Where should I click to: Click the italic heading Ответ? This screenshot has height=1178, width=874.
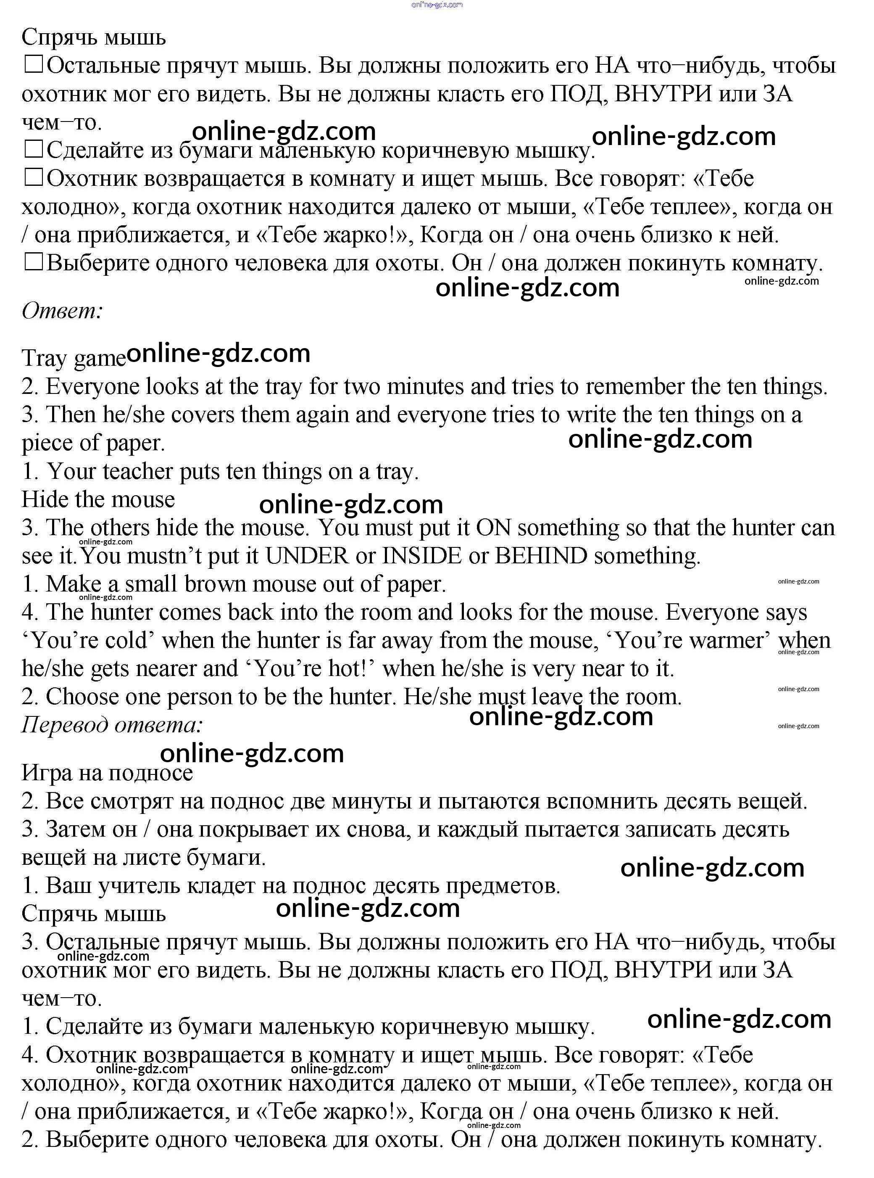(62, 311)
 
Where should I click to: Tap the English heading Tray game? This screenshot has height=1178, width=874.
(74, 358)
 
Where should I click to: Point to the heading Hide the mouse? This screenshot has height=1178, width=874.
(98, 499)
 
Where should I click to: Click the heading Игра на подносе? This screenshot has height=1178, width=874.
(107, 773)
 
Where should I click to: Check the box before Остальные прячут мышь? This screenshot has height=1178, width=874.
(33, 65)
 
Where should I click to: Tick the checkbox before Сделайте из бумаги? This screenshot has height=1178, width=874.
(33, 150)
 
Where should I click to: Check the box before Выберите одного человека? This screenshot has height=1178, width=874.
(33, 262)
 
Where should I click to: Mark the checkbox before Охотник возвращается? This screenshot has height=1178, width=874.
(33, 178)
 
